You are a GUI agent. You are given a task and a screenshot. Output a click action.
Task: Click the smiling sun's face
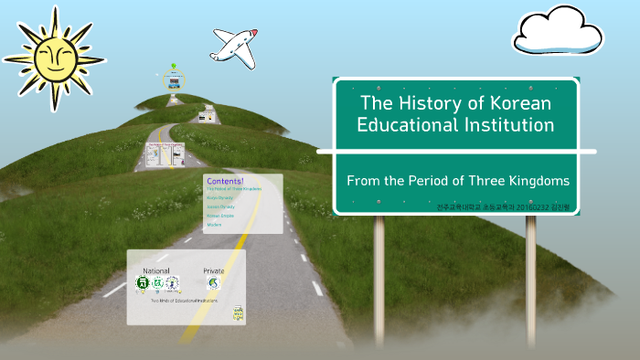(51, 58)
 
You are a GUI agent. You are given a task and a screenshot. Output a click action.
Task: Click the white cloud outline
(558, 32)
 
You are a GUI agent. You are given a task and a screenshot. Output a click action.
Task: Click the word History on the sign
(427, 102)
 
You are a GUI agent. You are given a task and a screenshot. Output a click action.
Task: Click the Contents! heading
(225, 180)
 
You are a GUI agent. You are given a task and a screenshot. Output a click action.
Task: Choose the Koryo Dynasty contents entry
(219, 197)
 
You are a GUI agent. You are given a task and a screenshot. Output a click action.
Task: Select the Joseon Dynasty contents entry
(220, 206)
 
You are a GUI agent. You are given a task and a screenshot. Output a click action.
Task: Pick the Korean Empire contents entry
(219, 216)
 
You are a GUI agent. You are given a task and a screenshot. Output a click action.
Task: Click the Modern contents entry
(214, 225)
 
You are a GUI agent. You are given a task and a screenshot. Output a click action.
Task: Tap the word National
(156, 271)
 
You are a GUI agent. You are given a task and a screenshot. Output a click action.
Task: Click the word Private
(214, 271)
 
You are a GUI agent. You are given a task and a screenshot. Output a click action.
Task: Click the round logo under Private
(214, 284)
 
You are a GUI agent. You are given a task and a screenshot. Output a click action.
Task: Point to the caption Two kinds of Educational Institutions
(183, 301)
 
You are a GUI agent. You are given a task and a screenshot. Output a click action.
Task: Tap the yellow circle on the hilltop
(174, 80)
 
